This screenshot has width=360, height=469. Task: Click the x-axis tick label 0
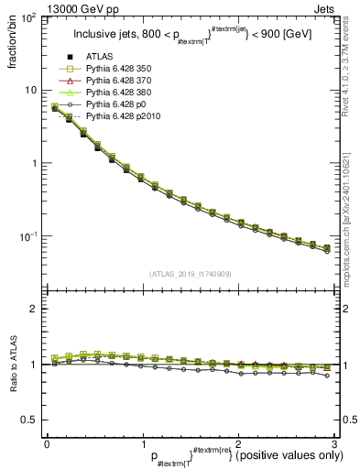click(47, 442)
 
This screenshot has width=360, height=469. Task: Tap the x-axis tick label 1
click(142, 442)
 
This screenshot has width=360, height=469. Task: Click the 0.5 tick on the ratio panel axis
click(32, 420)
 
